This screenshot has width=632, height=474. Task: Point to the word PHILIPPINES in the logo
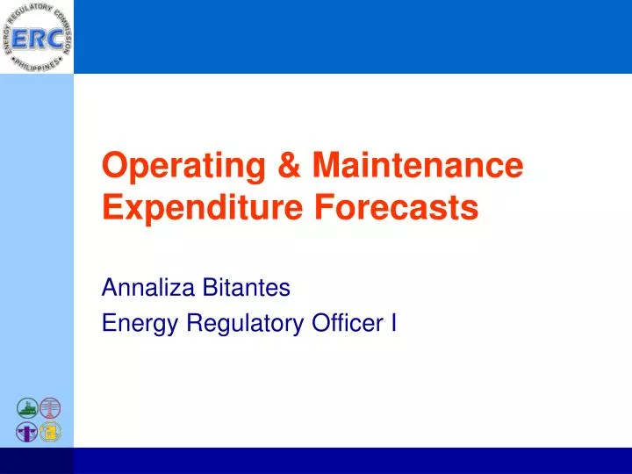[x=37, y=66]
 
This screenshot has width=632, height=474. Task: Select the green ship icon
[x=27, y=408]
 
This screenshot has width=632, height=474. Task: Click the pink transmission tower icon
[x=51, y=408]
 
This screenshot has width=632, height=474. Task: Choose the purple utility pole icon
[x=27, y=432]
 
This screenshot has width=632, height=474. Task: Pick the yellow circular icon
[x=51, y=432]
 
